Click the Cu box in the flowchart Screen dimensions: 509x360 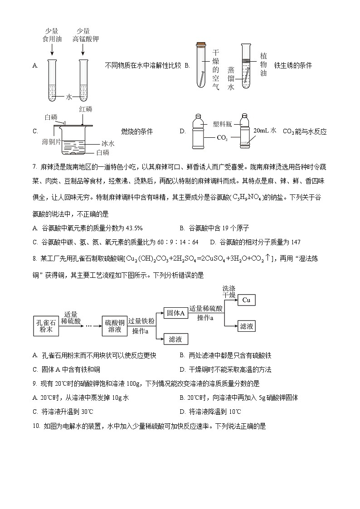[x=246, y=300]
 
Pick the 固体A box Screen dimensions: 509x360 [x=175, y=313]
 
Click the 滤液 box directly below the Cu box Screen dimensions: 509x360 [x=246, y=326]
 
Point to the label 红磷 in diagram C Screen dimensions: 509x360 [x=85, y=109]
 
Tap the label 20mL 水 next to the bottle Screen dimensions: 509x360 [x=265, y=131]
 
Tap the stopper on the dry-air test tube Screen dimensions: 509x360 [x=200, y=44]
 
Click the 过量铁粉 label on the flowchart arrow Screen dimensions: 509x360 [x=141, y=321]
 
